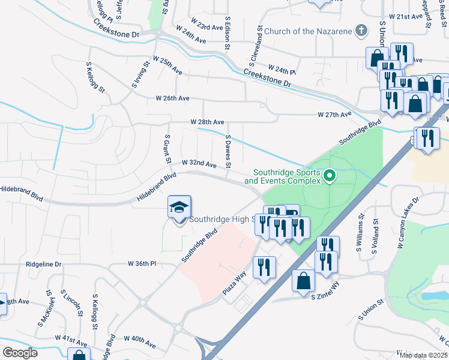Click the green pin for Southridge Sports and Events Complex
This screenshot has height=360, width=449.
[329, 176]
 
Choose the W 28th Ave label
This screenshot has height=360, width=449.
[207, 122]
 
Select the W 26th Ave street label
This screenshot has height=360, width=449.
[172, 98]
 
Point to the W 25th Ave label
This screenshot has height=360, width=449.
[167, 66]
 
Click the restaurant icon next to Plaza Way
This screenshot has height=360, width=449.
[264, 267]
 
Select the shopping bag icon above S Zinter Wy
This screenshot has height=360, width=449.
[304, 280]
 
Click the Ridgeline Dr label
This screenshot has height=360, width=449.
[44, 264]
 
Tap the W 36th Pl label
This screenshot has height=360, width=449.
[142, 263]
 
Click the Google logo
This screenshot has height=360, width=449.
[20, 353]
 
